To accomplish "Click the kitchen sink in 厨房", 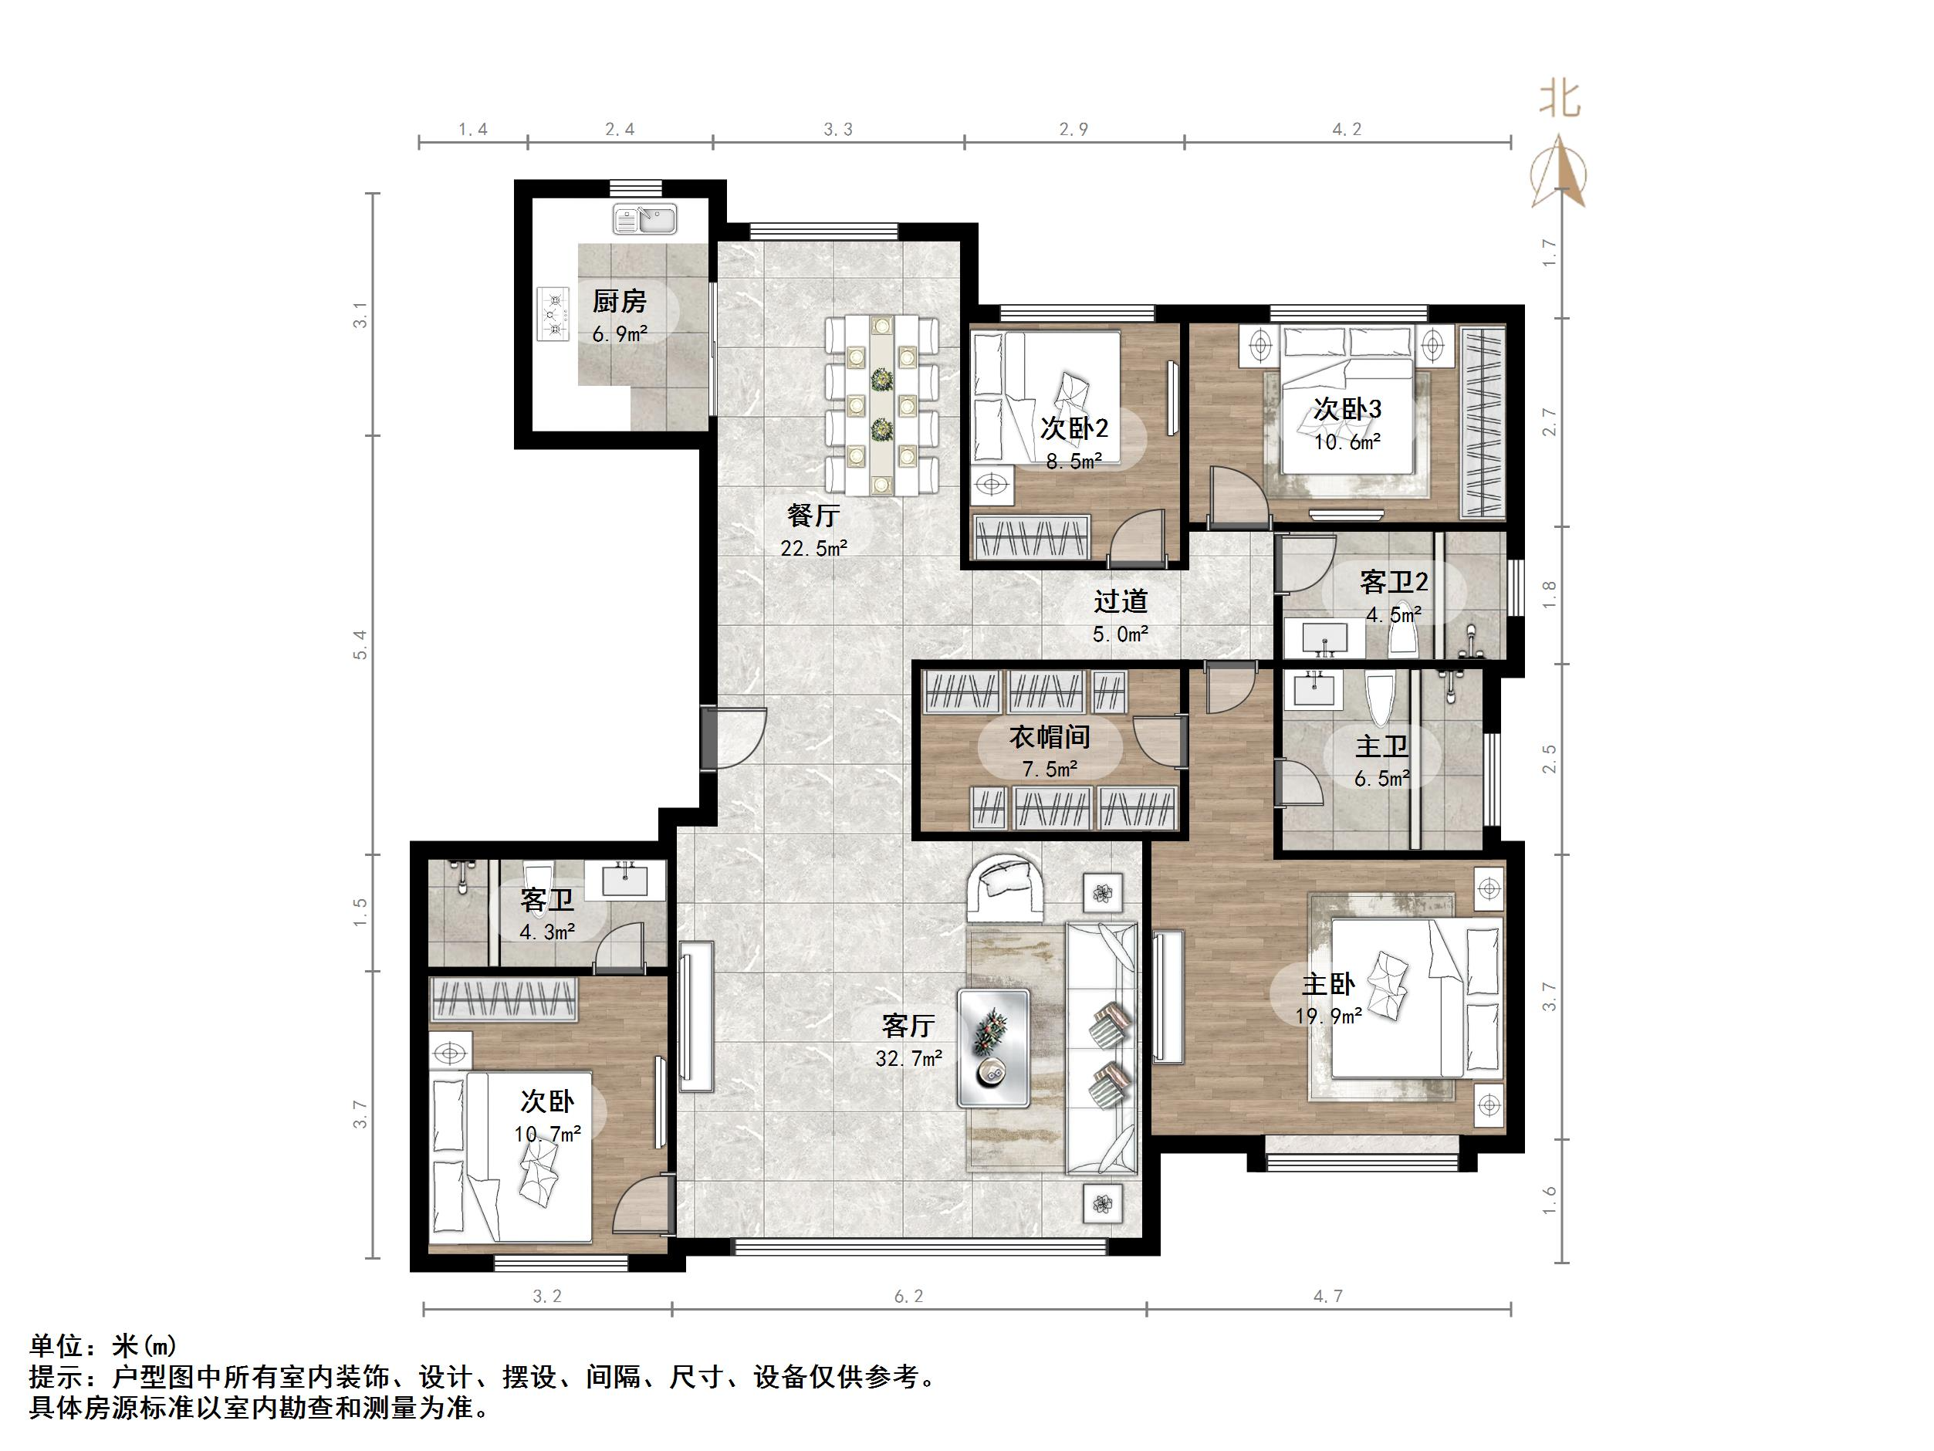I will (645, 218).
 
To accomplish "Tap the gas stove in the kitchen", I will (553, 314).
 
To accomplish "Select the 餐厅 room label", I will (813, 515).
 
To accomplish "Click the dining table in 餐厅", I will (881, 405).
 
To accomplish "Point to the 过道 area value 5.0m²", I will (1120, 634).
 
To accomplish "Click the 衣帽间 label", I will (1049, 736).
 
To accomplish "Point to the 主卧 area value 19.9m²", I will (1328, 1016).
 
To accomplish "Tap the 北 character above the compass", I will (1560, 99).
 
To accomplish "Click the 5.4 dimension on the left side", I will (360, 644).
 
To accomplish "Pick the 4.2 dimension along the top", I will (1347, 130).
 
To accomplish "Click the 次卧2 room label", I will (1074, 428).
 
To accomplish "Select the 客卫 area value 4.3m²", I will (547, 932).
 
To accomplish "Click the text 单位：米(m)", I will (104, 1344).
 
